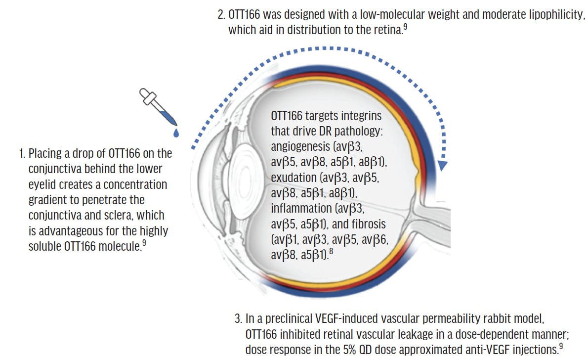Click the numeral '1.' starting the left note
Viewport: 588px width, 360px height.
(x=22, y=154)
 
